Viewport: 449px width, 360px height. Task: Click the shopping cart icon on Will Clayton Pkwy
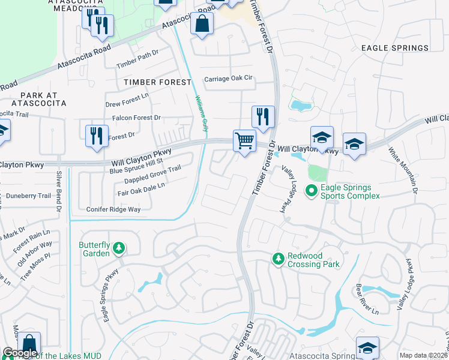244,142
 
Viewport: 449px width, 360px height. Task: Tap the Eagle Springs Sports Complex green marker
312,191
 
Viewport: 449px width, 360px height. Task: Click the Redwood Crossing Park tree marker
279,259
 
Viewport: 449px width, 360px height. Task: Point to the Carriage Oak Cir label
229,79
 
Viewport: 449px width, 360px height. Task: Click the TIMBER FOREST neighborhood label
157,82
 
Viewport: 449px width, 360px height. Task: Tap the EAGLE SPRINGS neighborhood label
394,47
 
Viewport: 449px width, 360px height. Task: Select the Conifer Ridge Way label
113,209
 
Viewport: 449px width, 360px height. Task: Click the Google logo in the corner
20,352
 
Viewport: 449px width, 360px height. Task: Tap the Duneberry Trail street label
28,196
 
